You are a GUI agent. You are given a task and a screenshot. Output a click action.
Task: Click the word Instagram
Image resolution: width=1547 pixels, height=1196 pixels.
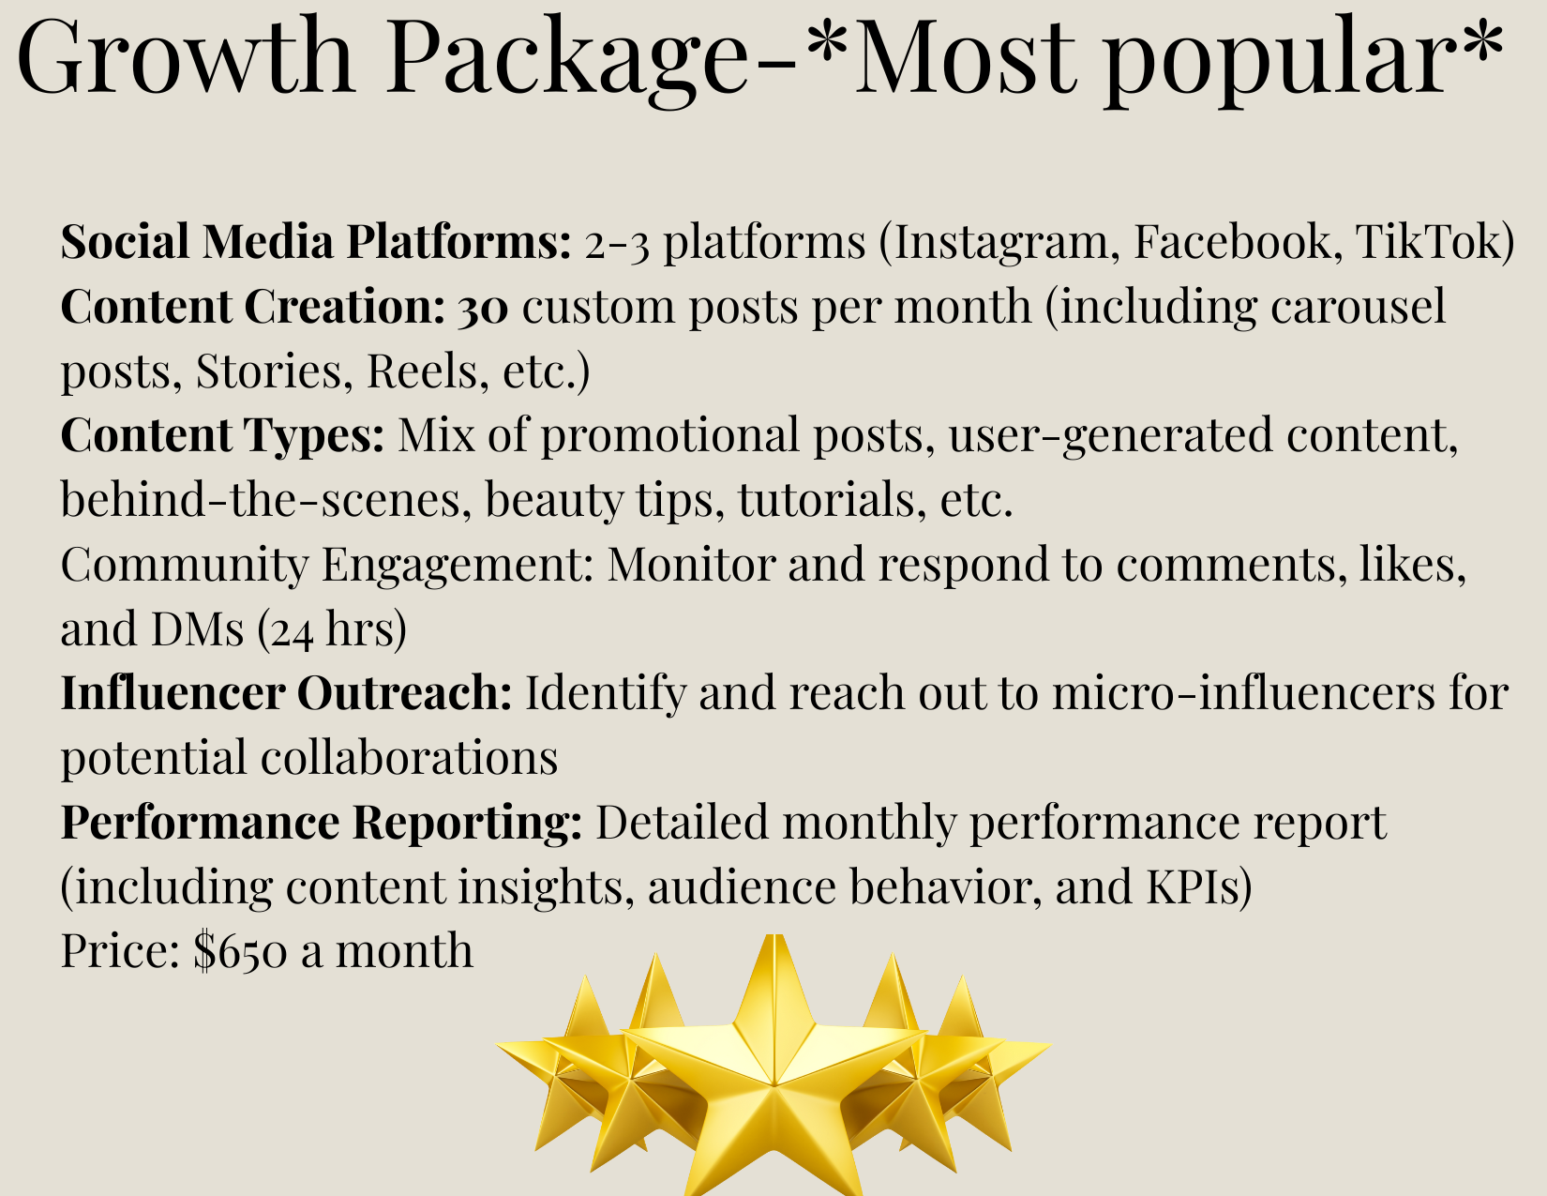1001,241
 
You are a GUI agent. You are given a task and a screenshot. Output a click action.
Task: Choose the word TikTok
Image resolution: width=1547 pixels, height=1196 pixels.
1427,241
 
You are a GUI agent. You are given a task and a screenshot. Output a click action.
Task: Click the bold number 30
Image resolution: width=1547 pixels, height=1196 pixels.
483,308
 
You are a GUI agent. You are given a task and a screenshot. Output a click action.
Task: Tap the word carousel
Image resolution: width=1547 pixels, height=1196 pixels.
1358,307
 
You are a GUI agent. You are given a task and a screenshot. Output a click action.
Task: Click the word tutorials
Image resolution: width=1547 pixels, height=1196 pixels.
826,499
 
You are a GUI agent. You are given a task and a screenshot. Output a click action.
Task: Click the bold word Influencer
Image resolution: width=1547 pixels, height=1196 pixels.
173,692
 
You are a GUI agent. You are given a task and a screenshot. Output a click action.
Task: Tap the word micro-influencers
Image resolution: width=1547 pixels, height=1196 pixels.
1244,692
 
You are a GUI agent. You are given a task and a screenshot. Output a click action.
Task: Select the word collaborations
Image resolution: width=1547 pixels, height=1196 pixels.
409,756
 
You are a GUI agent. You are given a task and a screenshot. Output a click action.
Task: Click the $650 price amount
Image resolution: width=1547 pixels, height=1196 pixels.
241,952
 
